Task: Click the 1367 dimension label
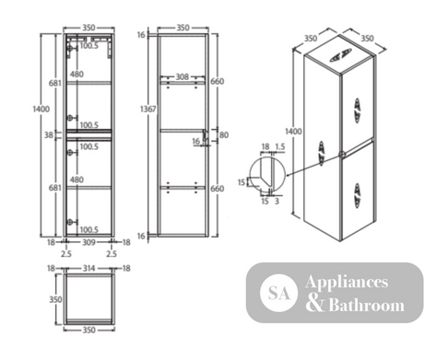tap(148, 109)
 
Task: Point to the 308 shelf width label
tap(183, 76)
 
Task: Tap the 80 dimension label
tap(224, 134)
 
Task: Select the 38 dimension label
tap(49, 134)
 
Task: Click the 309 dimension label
tap(88, 242)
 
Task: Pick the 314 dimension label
tap(88, 269)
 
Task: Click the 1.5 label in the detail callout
tap(280, 146)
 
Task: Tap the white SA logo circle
tap(278, 293)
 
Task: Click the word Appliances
tap(347, 283)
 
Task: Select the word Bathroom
tap(367, 305)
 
